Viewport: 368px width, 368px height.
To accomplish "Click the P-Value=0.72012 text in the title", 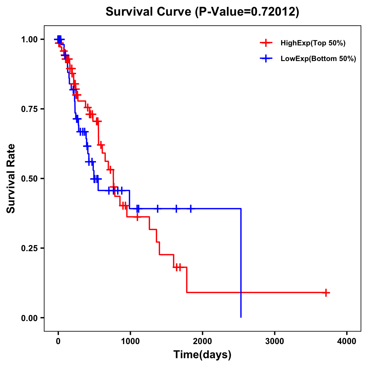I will [247, 12].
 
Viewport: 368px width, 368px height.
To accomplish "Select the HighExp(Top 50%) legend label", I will [313, 43].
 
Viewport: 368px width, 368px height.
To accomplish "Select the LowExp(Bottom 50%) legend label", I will [318, 59].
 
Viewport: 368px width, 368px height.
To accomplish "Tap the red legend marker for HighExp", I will [266, 43].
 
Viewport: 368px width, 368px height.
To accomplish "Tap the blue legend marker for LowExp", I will [266, 59].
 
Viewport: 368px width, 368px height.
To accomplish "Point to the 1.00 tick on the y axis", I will [30, 40].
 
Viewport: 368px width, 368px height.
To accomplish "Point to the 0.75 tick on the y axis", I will [30, 109].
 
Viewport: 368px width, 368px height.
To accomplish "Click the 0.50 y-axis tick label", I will [30, 179].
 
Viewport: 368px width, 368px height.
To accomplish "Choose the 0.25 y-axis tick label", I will [30, 248].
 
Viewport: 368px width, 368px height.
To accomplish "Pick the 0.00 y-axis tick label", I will [30, 318].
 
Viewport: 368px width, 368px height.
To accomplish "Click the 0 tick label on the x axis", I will [58, 341].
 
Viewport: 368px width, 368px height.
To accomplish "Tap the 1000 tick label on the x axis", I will [130, 341].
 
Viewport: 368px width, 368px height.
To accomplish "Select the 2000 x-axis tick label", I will [202, 341].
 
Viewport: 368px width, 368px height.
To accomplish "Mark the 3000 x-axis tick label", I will [274, 341].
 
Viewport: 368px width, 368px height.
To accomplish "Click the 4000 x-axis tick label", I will [347, 341].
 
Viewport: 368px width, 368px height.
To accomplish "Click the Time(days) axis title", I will [202, 355].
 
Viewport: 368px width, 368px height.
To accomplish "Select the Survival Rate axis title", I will [11, 178].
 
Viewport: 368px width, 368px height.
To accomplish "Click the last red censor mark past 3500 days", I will [326, 293].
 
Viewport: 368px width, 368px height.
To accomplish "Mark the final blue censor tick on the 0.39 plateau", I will [191, 209].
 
